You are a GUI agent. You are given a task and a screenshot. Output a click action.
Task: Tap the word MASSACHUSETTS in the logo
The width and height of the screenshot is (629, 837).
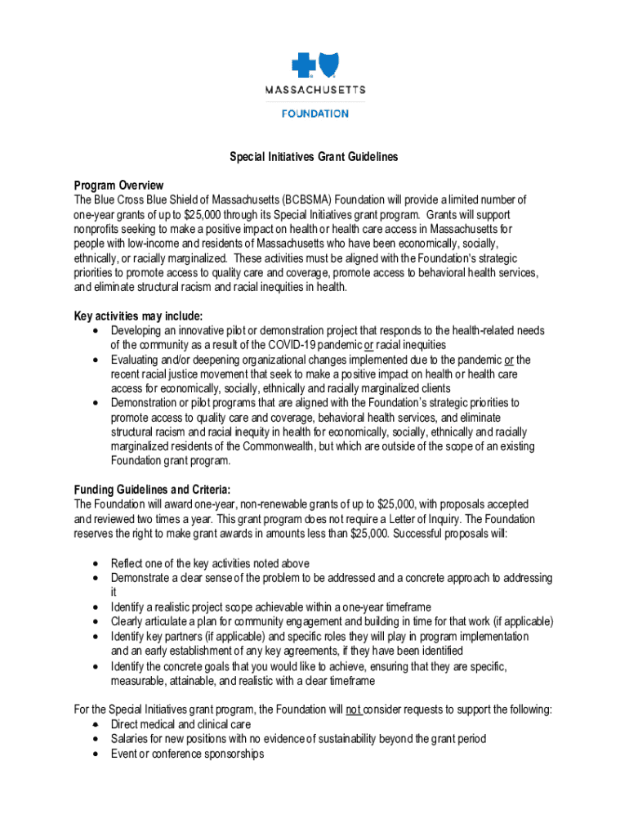pyautogui.click(x=314, y=90)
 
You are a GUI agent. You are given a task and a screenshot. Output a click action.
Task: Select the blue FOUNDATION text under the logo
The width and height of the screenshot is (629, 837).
pyautogui.click(x=314, y=114)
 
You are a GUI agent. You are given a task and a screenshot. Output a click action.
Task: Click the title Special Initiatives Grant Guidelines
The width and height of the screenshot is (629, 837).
pyautogui.click(x=314, y=157)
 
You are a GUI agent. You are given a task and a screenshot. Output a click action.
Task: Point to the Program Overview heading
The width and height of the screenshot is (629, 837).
pyautogui.click(x=118, y=186)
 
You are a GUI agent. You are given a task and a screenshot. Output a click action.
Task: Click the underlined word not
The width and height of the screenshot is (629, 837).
pyautogui.click(x=353, y=710)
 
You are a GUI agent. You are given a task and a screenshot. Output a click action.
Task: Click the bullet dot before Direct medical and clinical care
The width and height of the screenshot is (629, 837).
pyautogui.click(x=96, y=725)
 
